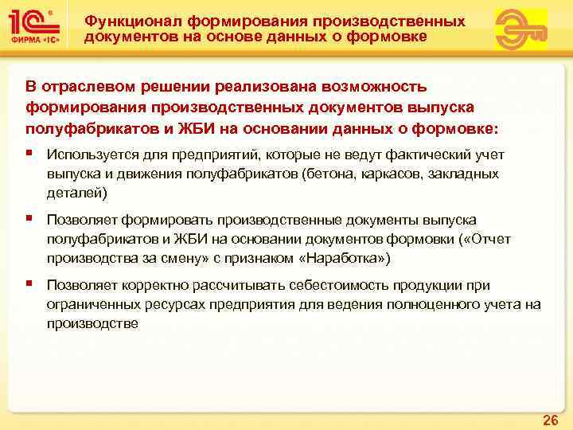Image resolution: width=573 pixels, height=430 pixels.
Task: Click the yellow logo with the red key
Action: pyautogui.click(x=521, y=29)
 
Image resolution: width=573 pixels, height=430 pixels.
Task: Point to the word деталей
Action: pyautogui.click(x=74, y=193)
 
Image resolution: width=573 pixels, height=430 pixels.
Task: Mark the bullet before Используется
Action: pyautogui.click(x=29, y=154)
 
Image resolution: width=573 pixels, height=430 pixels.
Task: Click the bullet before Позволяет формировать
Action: pyautogui.click(x=29, y=219)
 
